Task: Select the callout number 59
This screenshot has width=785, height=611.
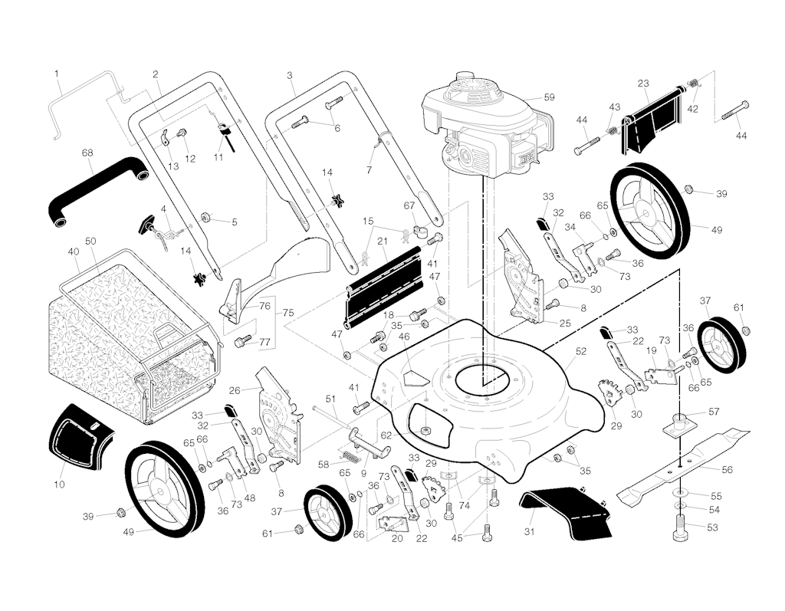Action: pos(549,97)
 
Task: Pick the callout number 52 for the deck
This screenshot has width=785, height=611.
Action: pos(581,351)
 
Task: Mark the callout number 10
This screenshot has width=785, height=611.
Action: pos(59,485)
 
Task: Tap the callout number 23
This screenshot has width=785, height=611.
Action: pos(643,84)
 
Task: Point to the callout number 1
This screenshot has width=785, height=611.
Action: pos(57,74)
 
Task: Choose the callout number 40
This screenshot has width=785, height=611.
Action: pos(74,251)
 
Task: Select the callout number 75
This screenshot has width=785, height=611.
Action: pos(288,313)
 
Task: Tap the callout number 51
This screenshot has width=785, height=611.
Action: pos(331,399)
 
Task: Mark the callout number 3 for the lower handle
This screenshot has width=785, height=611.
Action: pos(290,75)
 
